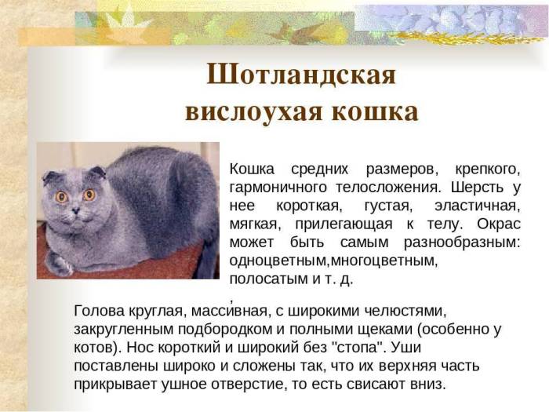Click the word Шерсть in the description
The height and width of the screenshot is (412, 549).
tap(480, 188)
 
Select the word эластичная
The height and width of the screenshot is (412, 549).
tap(478, 206)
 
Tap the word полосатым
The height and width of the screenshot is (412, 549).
tap(264, 278)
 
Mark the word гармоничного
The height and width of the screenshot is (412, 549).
tap(278, 188)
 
